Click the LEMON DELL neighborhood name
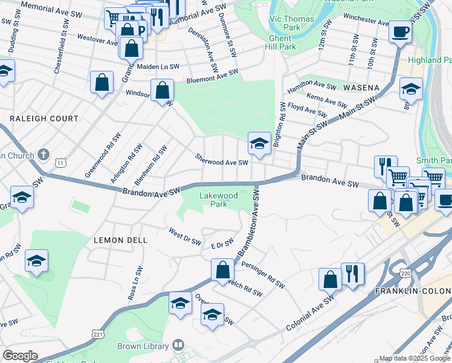click(x=121, y=240)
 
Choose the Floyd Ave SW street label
click(x=308, y=110)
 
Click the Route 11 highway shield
click(x=60, y=162)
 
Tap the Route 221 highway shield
click(x=98, y=334)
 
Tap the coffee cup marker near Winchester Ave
click(x=399, y=31)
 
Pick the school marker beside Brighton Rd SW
click(x=259, y=144)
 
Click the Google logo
click(x=20, y=356)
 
